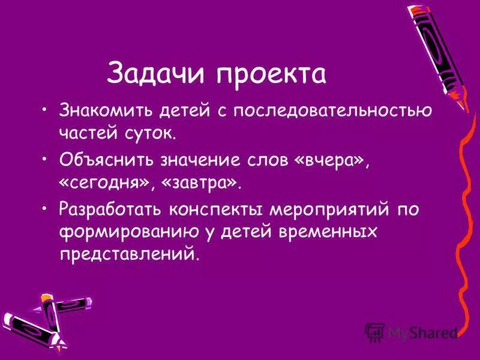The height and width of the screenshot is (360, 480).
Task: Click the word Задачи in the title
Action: point(157,74)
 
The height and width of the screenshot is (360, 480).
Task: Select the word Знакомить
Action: point(105,111)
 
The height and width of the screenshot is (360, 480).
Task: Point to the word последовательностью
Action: point(333,112)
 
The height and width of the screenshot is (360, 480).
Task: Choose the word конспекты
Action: point(222,210)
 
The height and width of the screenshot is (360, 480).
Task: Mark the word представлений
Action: point(127,253)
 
